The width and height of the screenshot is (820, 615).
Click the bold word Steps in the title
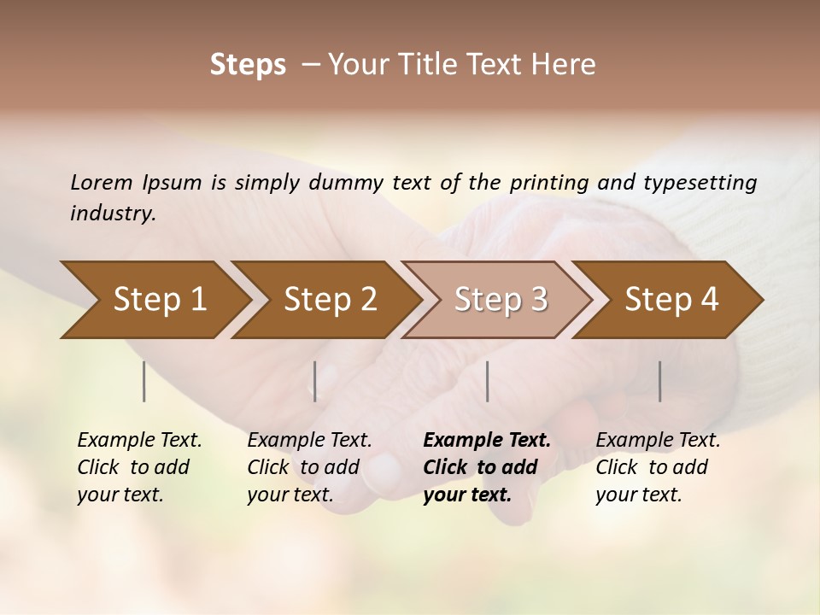pyautogui.click(x=248, y=64)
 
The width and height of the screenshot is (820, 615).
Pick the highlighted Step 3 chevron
pyautogui.click(x=501, y=299)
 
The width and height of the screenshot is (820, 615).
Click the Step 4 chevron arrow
pyautogui.click(x=671, y=299)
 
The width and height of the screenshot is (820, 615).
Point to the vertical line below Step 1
pyautogui.click(x=144, y=381)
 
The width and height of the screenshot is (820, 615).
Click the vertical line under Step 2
pyautogui.click(x=315, y=381)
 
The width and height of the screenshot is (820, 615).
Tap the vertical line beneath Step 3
pyautogui.click(x=487, y=381)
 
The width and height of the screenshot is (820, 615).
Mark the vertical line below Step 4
pyautogui.click(x=660, y=381)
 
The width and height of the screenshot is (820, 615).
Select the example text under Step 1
pyautogui.click(x=139, y=467)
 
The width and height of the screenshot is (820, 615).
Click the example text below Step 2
pyautogui.click(x=309, y=467)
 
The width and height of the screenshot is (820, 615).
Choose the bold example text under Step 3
pyautogui.click(x=487, y=467)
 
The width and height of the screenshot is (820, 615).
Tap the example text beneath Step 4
pyautogui.click(x=658, y=467)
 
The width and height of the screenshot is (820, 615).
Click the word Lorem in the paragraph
pyautogui.click(x=102, y=182)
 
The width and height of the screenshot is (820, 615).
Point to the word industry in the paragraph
pyautogui.click(x=113, y=214)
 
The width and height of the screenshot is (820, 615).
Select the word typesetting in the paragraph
pyautogui.click(x=709, y=182)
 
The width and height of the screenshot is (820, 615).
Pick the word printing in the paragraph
pyautogui.click(x=550, y=182)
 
